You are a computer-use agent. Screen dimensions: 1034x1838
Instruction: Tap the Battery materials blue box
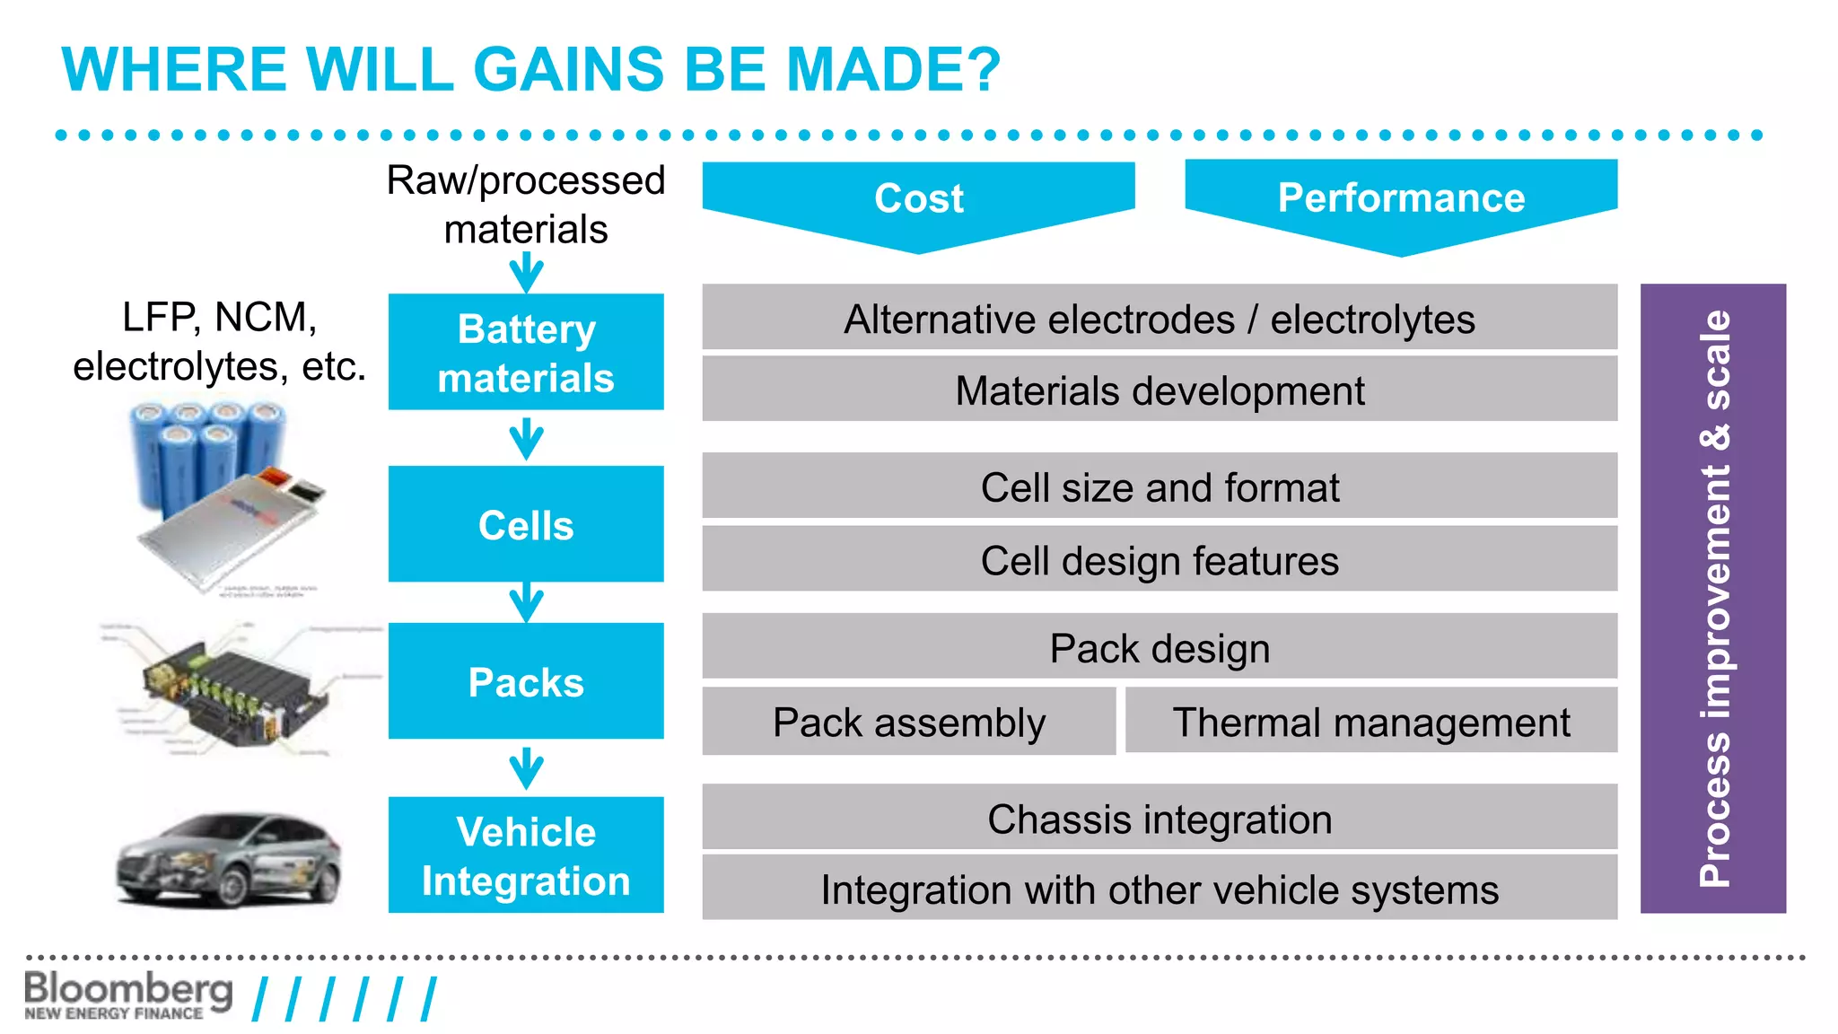(x=526, y=353)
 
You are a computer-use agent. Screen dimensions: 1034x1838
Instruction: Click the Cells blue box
(x=526, y=524)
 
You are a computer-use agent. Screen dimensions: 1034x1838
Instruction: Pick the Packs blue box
(x=526, y=681)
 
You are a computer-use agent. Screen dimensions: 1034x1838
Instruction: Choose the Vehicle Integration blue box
(x=526, y=855)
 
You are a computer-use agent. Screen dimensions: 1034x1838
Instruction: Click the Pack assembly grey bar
(x=908, y=723)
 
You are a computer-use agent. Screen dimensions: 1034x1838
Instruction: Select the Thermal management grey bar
(x=1370, y=723)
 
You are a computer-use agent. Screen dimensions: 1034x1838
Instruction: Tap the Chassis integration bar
(x=1160, y=819)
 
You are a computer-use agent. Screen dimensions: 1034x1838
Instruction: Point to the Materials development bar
(x=1160, y=390)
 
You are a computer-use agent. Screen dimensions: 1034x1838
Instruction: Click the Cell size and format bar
(x=1160, y=487)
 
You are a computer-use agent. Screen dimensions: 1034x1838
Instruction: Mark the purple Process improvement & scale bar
(x=1712, y=599)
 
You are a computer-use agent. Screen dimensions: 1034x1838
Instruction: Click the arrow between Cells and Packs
(x=526, y=602)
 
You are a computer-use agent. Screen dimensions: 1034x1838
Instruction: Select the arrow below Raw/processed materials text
(x=526, y=271)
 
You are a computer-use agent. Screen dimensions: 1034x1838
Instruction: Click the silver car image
(x=229, y=860)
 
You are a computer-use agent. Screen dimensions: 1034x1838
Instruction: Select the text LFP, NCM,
(x=219, y=317)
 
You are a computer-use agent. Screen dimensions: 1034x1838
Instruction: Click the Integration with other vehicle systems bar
(x=1160, y=889)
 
